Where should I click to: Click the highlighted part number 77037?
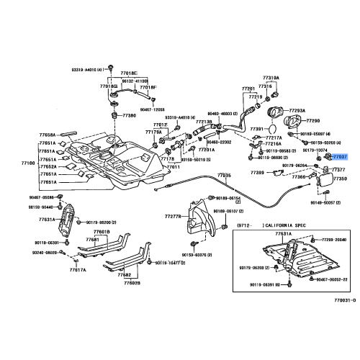click(x=341, y=156)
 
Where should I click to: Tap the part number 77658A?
click(x=47, y=135)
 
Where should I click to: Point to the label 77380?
click(x=129, y=114)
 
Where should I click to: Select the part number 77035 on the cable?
click(x=225, y=175)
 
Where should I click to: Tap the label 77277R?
click(x=173, y=216)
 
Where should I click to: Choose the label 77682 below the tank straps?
click(x=124, y=274)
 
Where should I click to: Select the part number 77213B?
click(x=204, y=122)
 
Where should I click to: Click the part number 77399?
click(x=258, y=173)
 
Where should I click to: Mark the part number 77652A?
click(x=47, y=166)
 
